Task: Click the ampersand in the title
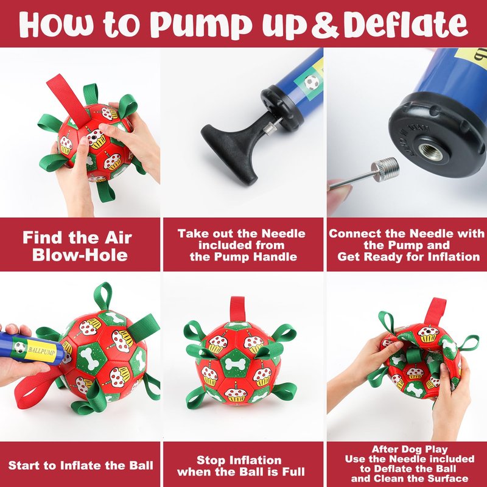coord(325,25)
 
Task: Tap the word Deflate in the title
coord(405,24)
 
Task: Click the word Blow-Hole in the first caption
coord(80,255)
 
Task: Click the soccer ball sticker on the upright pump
coord(312,82)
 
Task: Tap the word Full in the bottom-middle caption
coord(293,472)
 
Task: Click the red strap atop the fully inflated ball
coord(237,309)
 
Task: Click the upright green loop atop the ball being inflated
coord(103,296)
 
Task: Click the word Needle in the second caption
coord(283,234)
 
